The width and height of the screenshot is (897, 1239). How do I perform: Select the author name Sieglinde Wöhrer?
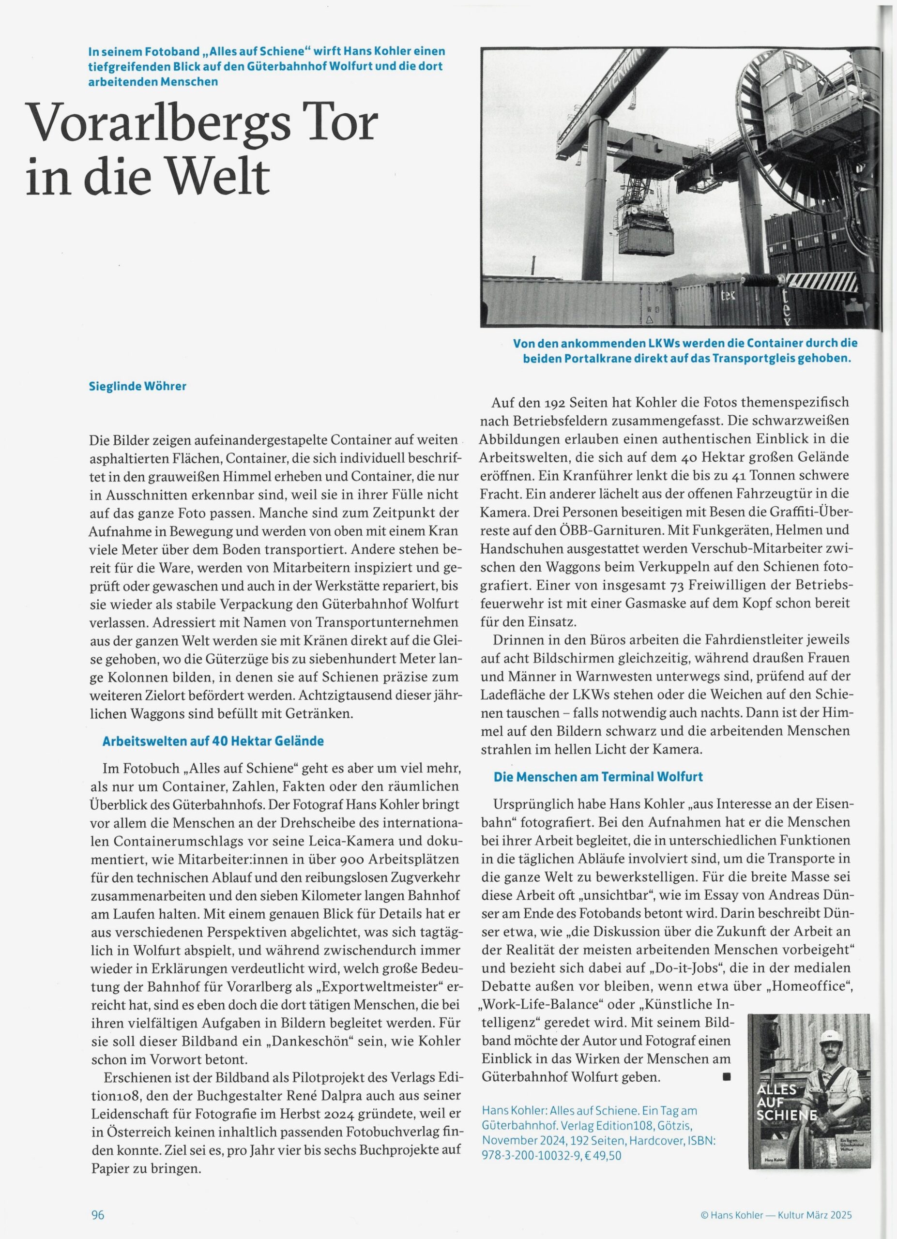[x=137, y=386]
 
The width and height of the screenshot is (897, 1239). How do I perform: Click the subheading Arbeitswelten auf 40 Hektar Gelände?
[x=213, y=741]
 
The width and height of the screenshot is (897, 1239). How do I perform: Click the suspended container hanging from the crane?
[x=646, y=241]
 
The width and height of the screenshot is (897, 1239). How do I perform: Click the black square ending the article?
[x=727, y=1078]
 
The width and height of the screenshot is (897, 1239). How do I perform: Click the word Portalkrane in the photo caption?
[x=608, y=359]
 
